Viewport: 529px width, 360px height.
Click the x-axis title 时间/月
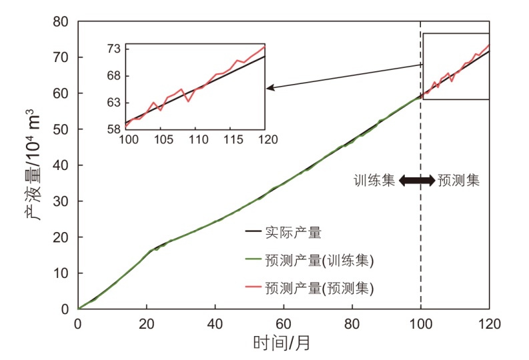point(282,343)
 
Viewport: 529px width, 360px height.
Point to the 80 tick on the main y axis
point(61,21)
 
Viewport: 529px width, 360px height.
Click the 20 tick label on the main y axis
point(61,237)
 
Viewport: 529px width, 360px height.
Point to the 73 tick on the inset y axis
point(114,49)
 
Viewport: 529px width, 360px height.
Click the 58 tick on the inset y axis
point(114,129)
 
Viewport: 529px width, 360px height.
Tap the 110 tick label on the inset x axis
point(196,141)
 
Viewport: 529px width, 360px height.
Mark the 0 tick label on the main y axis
point(65,309)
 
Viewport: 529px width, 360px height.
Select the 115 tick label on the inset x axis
point(231,141)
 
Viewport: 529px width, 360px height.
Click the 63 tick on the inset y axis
point(114,103)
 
